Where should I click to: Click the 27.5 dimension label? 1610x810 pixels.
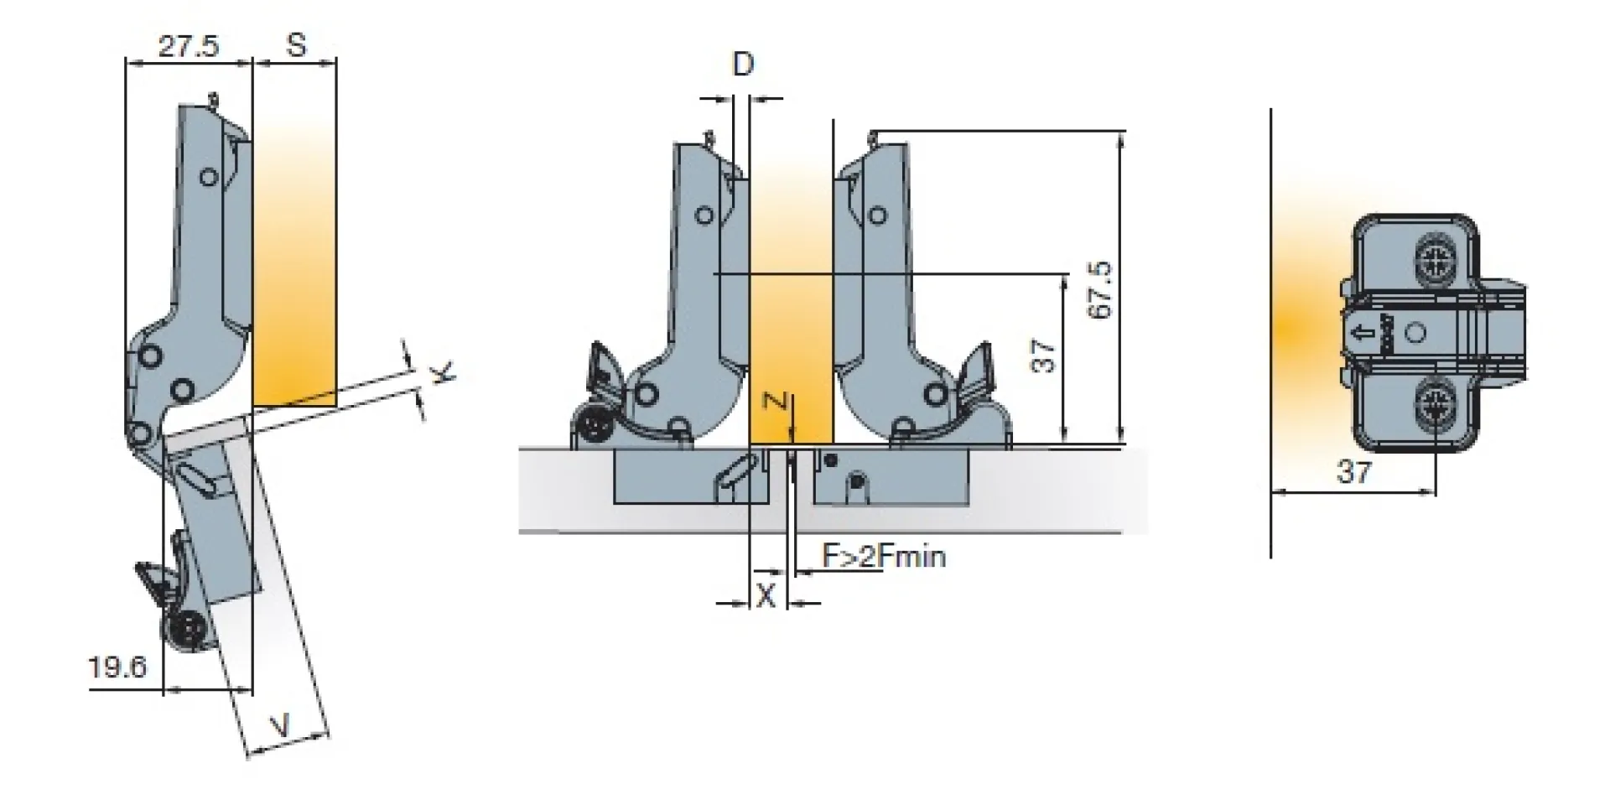tap(188, 45)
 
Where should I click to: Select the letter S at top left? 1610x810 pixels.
tap(296, 44)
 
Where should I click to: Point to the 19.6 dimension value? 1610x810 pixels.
tap(117, 667)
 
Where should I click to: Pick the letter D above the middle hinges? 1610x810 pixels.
tap(743, 65)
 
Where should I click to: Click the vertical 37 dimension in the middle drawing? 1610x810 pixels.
tap(1042, 356)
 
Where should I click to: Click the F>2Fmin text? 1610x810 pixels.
tap(883, 555)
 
